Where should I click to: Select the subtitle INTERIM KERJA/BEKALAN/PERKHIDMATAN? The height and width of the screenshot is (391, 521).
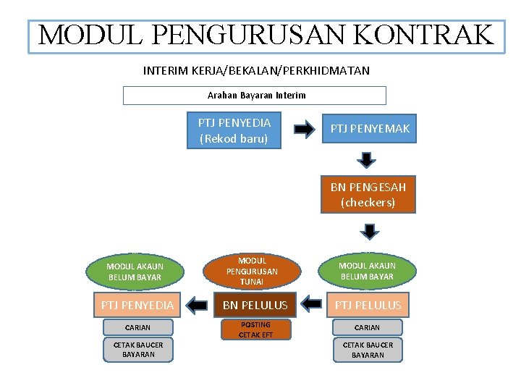(256, 71)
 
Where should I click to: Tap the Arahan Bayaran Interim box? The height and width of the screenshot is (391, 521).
(255, 96)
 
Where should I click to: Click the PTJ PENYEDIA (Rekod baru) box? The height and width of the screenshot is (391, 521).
(234, 130)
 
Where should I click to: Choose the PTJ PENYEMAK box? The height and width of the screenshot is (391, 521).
(370, 129)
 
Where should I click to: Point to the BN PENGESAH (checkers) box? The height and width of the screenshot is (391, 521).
(368, 194)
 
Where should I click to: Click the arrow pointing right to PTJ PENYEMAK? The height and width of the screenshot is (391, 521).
(304, 130)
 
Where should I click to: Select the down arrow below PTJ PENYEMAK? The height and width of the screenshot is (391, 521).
(368, 159)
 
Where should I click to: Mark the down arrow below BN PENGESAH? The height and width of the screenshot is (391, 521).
(370, 231)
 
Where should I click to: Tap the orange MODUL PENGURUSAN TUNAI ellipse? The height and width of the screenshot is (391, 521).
(252, 271)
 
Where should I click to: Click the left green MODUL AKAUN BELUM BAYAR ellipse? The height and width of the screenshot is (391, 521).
(135, 272)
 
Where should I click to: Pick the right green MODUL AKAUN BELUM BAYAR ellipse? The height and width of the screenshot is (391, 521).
(366, 272)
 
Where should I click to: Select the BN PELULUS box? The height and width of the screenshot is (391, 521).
(255, 306)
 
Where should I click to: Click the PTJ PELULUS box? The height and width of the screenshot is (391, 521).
(368, 306)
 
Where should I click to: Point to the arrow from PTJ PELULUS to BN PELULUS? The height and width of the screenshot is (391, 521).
(311, 305)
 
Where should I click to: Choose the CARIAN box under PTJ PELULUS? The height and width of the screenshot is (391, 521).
(367, 327)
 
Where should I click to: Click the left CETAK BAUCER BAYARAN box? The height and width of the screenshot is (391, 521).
(137, 350)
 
